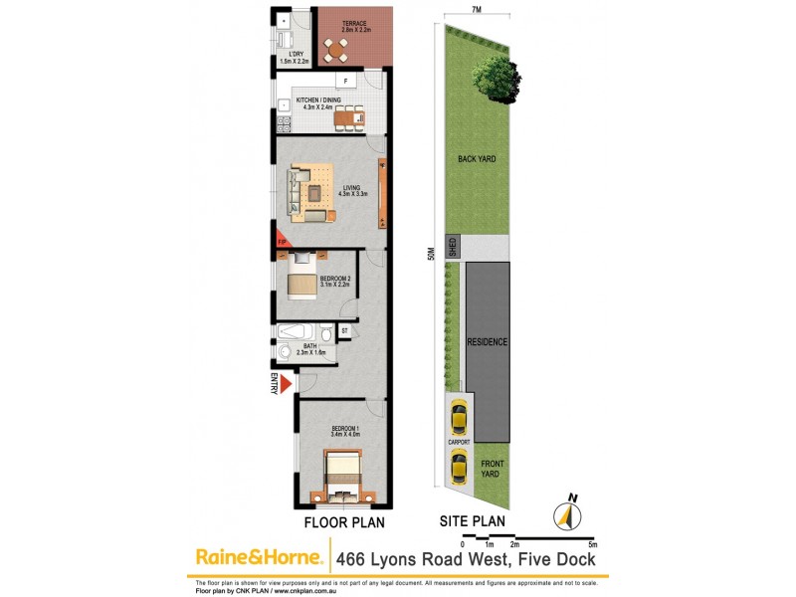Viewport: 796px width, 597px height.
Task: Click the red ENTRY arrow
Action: (286, 384)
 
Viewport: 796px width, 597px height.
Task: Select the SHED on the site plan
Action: (453, 248)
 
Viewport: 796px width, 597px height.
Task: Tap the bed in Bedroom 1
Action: (341, 476)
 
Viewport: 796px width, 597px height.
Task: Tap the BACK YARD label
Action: (477, 159)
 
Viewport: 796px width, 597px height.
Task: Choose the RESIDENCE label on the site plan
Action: (488, 342)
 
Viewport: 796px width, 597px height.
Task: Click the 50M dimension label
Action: (432, 255)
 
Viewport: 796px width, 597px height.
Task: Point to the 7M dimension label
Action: (477, 10)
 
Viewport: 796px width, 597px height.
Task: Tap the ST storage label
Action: (345, 330)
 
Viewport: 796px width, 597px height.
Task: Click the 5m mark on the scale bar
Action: (593, 545)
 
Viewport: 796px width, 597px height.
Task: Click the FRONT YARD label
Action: (489, 469)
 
